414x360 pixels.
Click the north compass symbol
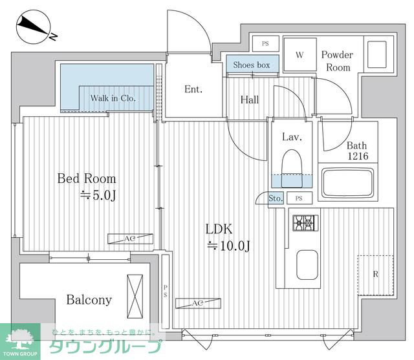point(33,27)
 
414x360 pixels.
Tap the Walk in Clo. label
point(113,98)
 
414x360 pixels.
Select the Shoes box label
point(252,65)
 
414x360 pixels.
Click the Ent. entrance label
point(193,89)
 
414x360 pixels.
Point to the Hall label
point(250,100)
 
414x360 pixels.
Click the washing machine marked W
point(300,54)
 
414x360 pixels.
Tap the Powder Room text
point(337,61)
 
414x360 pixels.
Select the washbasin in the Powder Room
point(376,54)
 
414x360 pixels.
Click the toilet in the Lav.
point(292,169)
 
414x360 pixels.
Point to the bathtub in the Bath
point(348,182)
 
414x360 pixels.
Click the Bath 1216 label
point(357,151)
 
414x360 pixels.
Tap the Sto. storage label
point(276,198)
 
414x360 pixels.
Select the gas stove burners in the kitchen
point(305,224)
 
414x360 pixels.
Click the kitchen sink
point(307,265)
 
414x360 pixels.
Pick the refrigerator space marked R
point(375,275)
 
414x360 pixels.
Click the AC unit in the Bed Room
point(131,238)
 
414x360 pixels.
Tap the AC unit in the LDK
point(199,303)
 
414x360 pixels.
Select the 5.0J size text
point(98,195)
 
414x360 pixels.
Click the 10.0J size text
point(228,246)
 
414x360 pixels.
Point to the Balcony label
point(89,300)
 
